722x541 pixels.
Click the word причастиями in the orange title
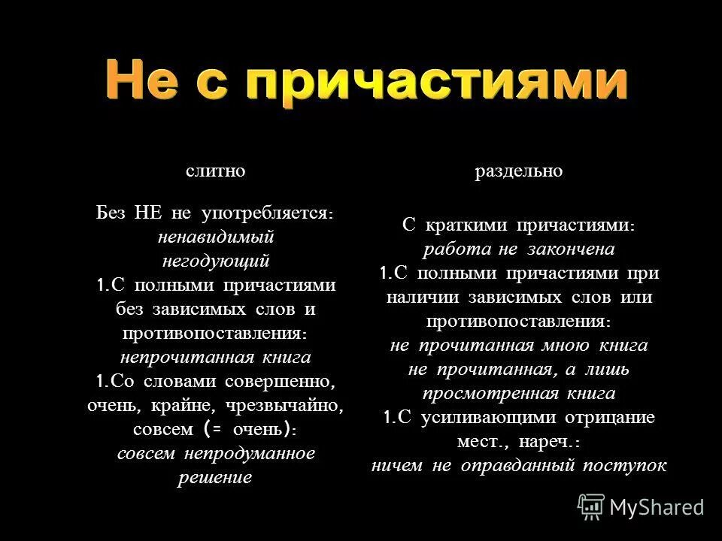coord(438,81)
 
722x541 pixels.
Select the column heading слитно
coord(216,171)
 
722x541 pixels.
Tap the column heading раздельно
coord(518,171)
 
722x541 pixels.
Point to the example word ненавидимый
coord(215,237)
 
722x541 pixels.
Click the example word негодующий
coord(215,261)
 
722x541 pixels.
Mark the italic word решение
coord(215,478)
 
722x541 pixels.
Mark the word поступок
coord(631,466)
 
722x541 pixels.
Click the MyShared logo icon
coord(591,507)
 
